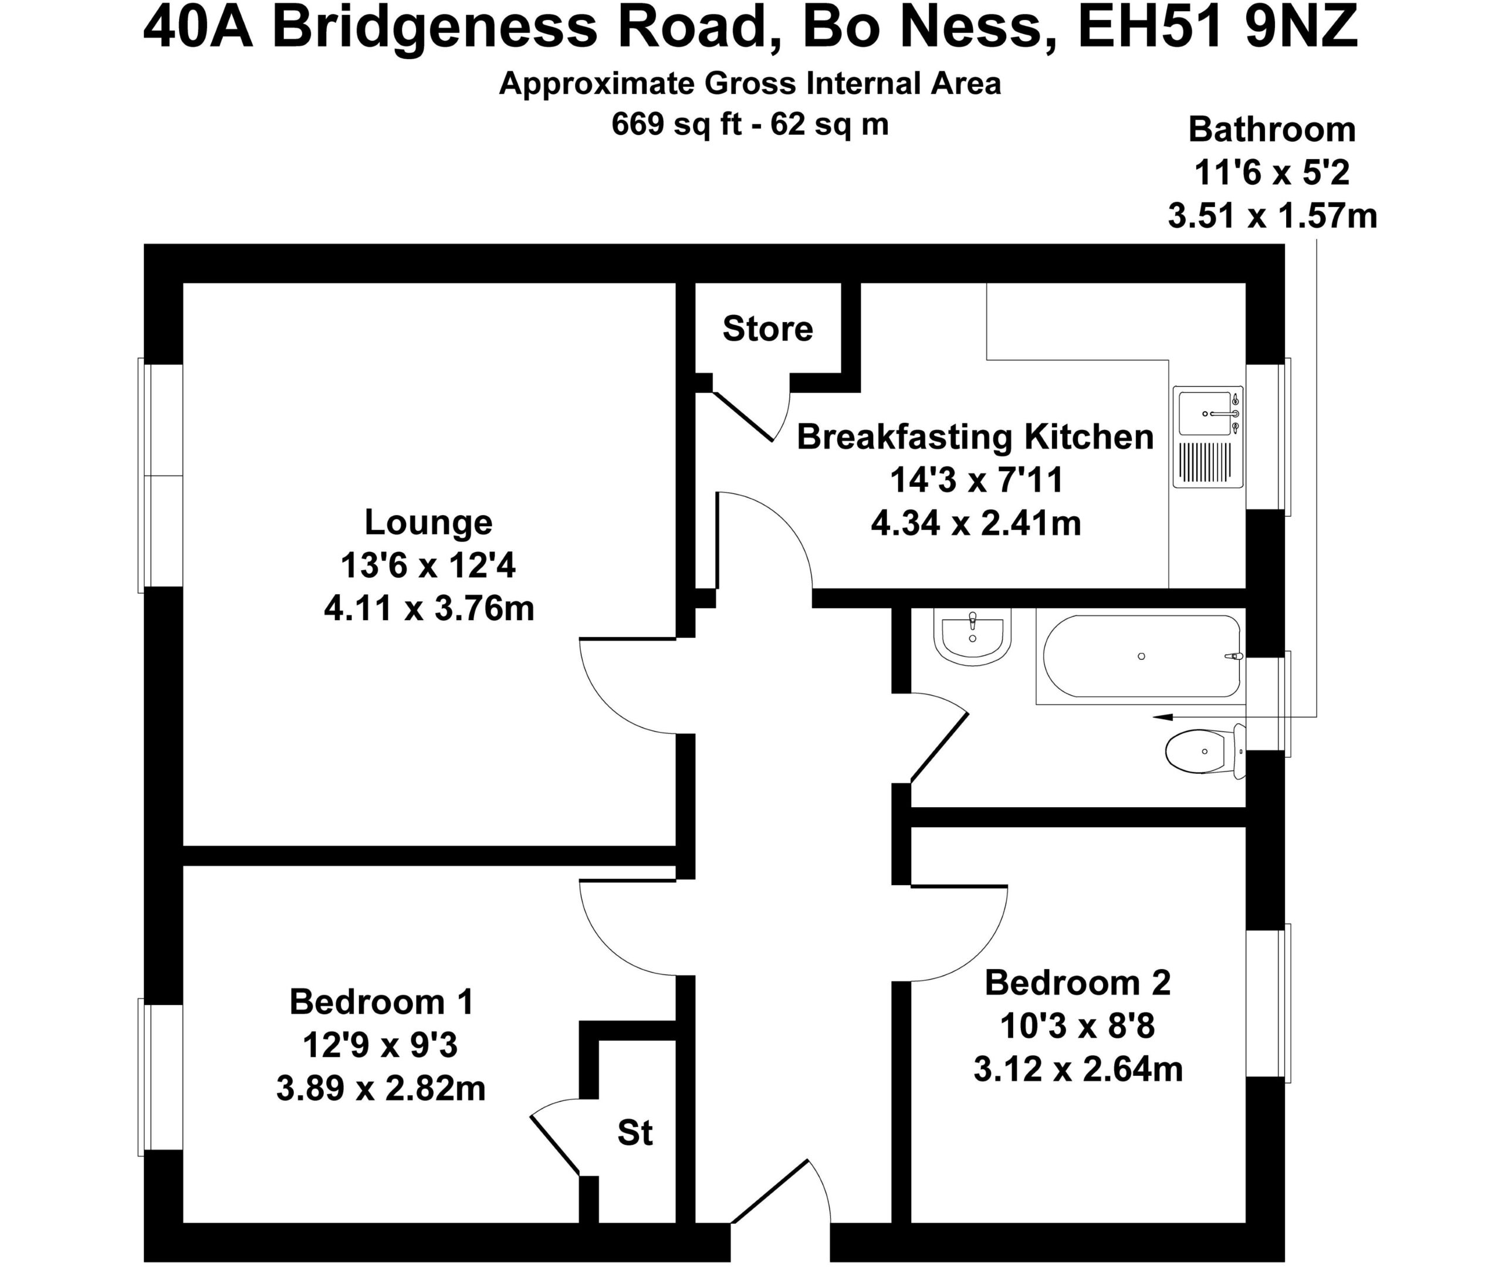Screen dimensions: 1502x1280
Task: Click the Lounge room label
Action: pos(428,523)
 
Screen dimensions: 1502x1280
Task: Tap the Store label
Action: pos(767,329)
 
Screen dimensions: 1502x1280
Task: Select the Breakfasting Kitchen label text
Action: pos(975,437)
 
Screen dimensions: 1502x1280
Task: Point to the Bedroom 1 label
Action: pos(381,1003)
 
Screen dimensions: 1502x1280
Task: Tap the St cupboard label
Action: pos(635,1132)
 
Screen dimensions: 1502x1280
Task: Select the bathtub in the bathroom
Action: pos(1140,656)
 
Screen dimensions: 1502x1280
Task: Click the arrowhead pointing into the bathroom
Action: pos(1162,717)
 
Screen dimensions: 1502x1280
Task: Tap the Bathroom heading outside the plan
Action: pos(1271,130)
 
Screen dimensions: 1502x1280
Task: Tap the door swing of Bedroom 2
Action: pos(959,933)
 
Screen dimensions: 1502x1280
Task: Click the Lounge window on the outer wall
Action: pos(160,476)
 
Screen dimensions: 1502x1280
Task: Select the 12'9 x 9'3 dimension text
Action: pos(381,1046)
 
